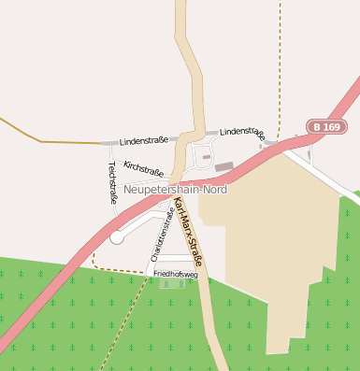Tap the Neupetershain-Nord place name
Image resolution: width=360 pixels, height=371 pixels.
coord(175,189)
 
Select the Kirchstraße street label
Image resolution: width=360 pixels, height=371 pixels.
coord(144,168)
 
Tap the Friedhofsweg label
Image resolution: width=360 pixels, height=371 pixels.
coord(176,275)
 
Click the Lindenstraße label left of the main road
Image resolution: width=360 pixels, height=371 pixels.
coord(144,140)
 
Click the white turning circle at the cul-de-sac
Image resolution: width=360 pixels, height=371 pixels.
coord(117,237)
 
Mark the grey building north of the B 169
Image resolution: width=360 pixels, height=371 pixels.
coord(223,166)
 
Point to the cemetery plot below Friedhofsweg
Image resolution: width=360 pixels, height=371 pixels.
coord(171,283)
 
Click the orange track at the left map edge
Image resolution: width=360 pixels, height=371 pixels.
coord(19,131)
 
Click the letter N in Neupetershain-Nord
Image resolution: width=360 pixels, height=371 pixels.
coord(127,189)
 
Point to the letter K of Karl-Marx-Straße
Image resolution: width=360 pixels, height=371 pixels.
coord(176,202)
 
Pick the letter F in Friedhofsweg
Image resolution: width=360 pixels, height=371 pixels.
coord(156,275)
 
